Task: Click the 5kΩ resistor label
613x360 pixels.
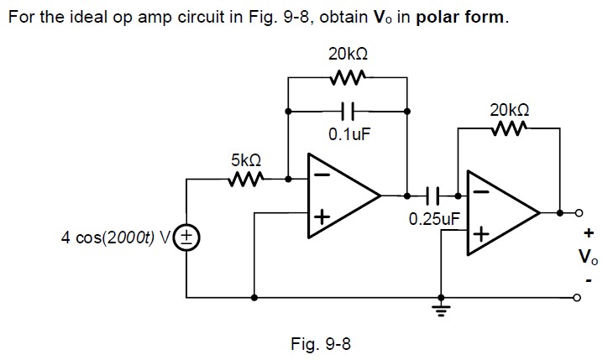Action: click(245, 159)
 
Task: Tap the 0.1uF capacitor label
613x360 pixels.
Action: click(348, 133)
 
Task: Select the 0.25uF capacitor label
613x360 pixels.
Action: click(434, 220)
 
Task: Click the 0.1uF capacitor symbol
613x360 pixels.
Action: click(348, 109)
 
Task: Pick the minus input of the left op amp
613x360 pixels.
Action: click(319, 175)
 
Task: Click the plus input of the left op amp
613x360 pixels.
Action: click(320, 218)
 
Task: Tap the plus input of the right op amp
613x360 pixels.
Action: click(479, 234)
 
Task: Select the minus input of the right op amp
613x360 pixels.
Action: click(479, 191)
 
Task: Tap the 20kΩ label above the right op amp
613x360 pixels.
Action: click(509, 110)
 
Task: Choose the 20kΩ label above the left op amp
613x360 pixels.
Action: click(348, 54)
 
